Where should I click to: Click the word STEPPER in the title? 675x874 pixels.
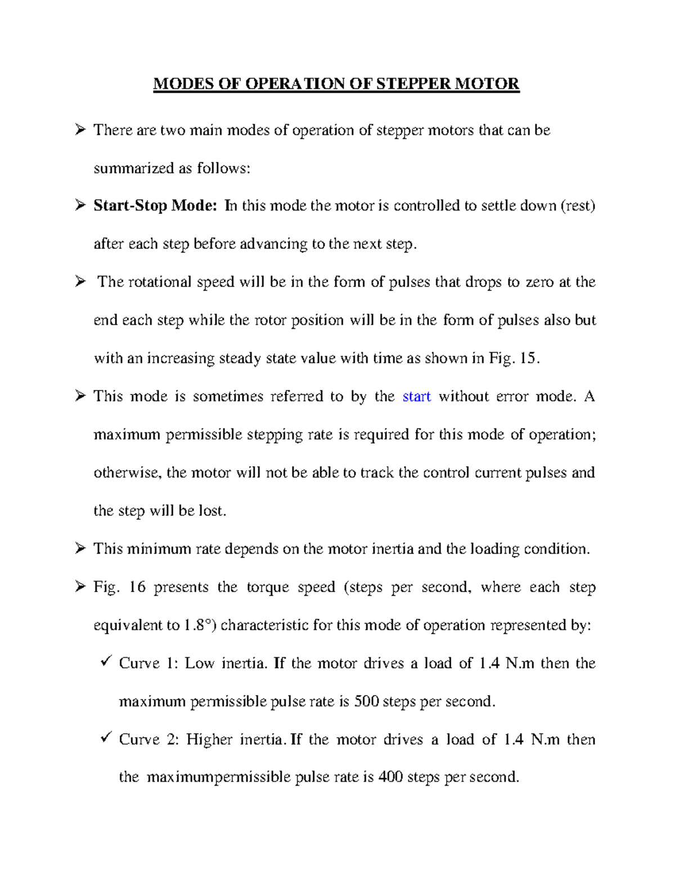pos(413,84)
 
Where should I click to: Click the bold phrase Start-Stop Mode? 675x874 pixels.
pos(155,205)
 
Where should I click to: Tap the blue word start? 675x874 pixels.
pos(417,396)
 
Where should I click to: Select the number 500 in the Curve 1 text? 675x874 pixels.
pos(366,701)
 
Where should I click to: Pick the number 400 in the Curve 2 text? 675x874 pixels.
pos(390,777)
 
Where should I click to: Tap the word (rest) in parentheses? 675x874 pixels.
pos(578,205)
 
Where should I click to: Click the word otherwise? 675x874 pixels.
pos(127,473)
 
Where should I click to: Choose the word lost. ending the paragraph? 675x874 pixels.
pos(212,511)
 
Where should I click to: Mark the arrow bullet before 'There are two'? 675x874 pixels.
pos(80,130)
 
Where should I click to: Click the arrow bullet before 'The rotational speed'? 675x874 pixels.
pos(80,281)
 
